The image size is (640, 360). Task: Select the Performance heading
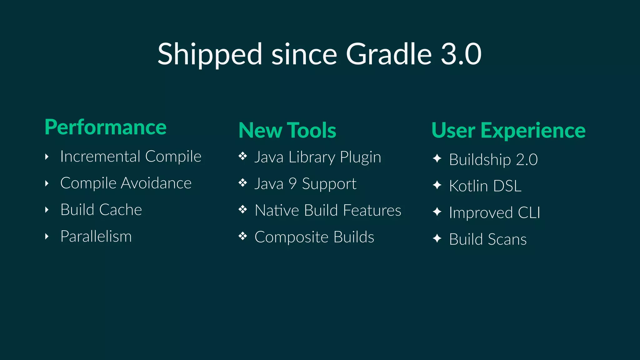(x=106, y=127)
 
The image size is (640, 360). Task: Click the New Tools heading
(x=287, y=130)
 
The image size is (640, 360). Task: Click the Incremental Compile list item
(x=131, y=157)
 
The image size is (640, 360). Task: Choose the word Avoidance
(x=156, y=183)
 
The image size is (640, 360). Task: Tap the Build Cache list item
(x=101, y=210)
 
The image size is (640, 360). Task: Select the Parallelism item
(x=96, y=236)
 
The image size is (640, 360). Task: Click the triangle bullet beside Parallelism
(x=47, y=236)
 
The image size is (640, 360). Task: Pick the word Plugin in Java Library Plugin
(x=360, y=157)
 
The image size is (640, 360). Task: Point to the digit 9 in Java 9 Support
(x=292, y=183)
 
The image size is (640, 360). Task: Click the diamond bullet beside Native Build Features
(x=243, y=209)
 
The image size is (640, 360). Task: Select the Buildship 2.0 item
(x=493, y=160)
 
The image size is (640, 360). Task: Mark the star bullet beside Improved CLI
(x=437, y=212)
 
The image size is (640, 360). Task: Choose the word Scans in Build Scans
(x=507, y=239)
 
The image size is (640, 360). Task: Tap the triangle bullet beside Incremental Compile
(x=47, y=157)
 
